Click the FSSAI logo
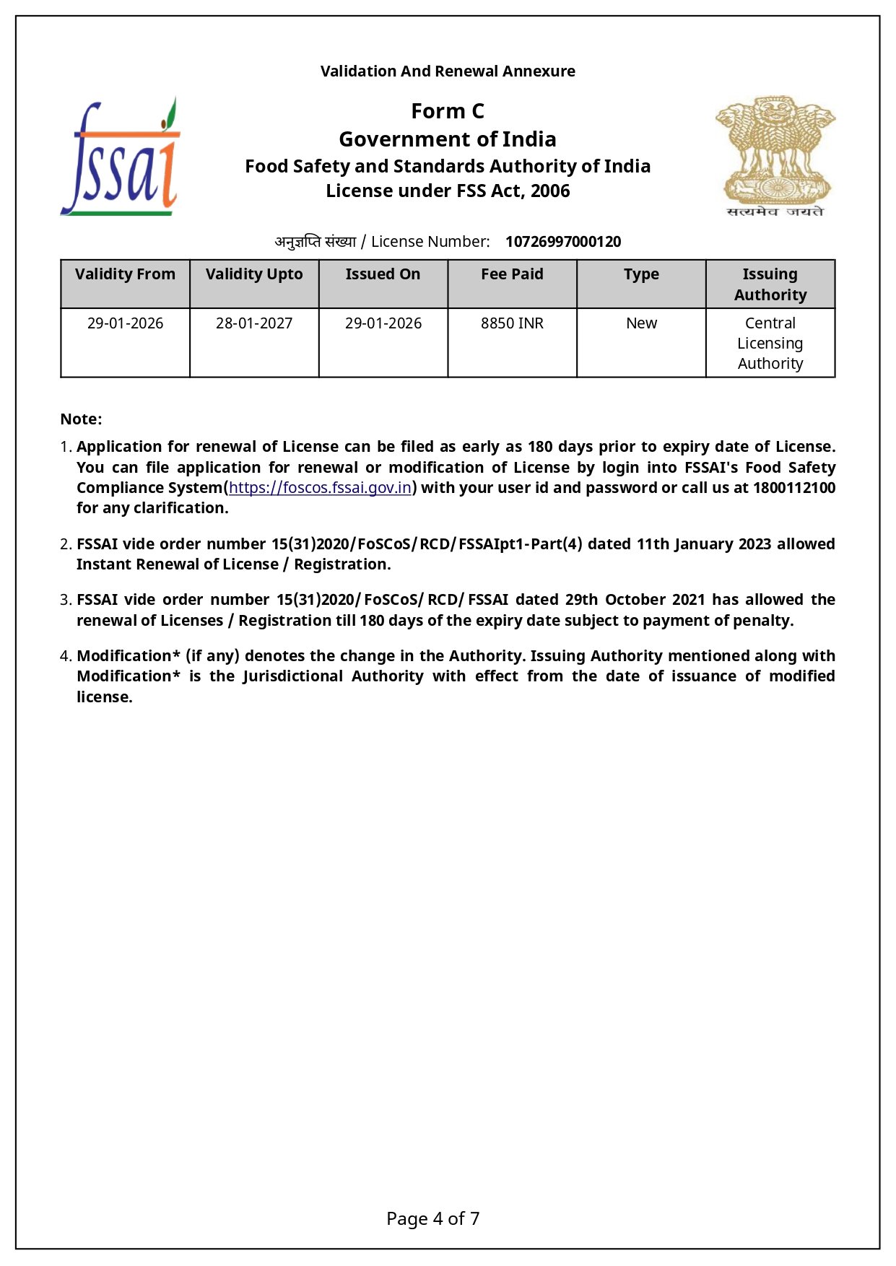[x=121, y=157]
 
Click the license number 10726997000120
[x=562, y=242]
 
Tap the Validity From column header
[x=125, y=274]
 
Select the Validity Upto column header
[x=254, y=274]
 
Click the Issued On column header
[x=383, y=274]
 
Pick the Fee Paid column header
[x=512, y=274]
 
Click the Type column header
[x=641, y=274]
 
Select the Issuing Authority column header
[x=770, y=284]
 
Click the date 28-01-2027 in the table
[x=254, y=323]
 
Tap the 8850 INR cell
[x=512, y=323]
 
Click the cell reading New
[x=641, y=323]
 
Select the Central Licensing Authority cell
[x=770, y=344]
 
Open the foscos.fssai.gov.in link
[x=320, y=488]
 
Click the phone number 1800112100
[x=793, y=488]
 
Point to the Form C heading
[x=448, y=111]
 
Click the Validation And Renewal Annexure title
[x=448, y=71]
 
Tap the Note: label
[x=81, y=419]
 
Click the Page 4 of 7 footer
[x=432, y=1219]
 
